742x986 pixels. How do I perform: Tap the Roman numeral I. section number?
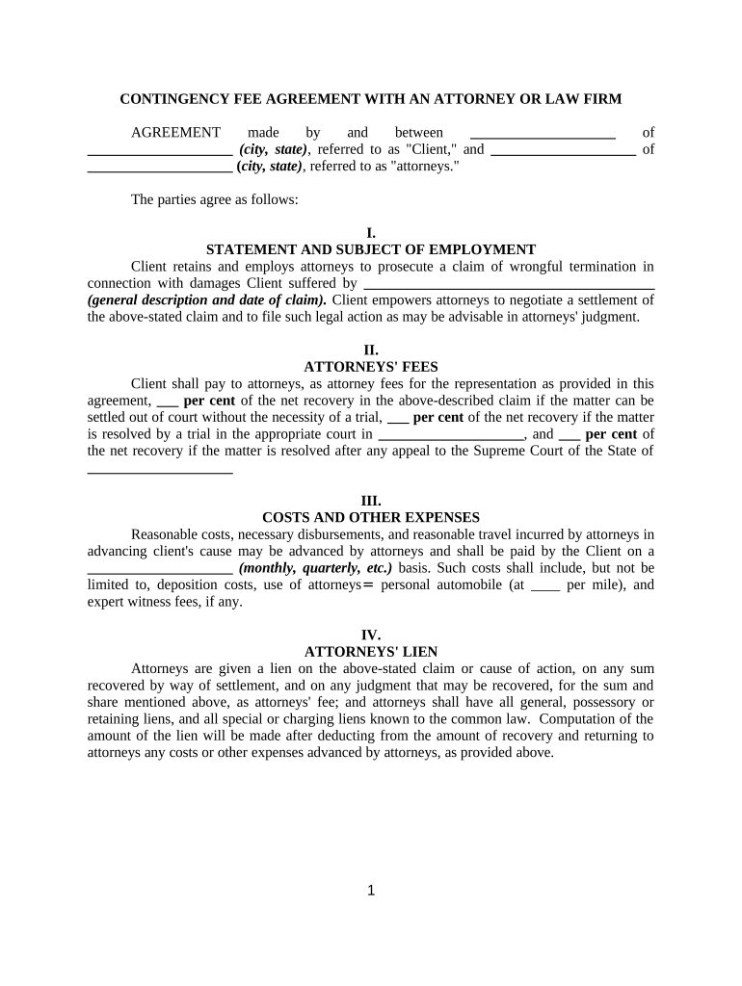pos(371,233)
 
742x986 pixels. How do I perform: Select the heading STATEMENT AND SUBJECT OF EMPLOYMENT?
pos(371,249)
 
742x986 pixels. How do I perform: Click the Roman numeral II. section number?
pos(371,350)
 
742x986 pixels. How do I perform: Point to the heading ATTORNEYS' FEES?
pos(371,367)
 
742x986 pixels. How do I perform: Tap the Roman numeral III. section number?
pos(371,501)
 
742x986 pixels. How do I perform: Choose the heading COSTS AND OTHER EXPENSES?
pos(371,517)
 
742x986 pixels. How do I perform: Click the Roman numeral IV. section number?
pos(371,635)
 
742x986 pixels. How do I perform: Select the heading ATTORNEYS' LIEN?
pos(371,651)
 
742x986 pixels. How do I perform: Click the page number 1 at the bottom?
pos(371,891)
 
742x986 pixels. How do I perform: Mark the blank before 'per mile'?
pos(544,587)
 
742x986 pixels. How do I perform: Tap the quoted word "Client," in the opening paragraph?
pos(432,149)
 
